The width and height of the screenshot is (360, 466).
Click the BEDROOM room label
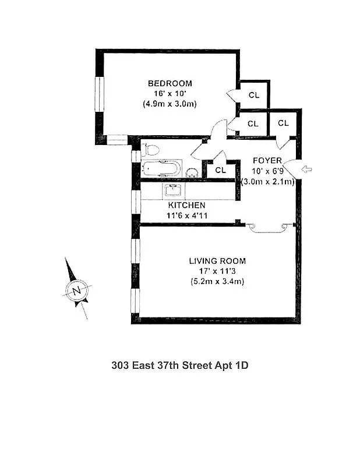(170, 84)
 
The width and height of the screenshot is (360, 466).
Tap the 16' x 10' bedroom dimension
(170, 94)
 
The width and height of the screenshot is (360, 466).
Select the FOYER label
(267, 161)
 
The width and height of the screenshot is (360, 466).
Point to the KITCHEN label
(186, 206)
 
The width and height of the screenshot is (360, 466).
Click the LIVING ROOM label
(217, 261)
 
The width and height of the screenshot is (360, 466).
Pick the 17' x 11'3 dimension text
(217, 271)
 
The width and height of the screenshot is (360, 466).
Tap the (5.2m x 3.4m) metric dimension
(217, 281)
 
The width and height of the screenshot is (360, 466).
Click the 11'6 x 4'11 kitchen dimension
(186, 216)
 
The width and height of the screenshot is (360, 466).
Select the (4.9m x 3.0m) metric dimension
(170, 104)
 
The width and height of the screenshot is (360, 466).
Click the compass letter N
(76, 290)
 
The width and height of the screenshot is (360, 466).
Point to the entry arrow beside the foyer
(306, 170)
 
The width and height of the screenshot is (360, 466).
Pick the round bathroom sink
(191, 172)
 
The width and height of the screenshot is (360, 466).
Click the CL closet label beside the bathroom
(220, 170)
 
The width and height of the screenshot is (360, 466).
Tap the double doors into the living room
(269, 227)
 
